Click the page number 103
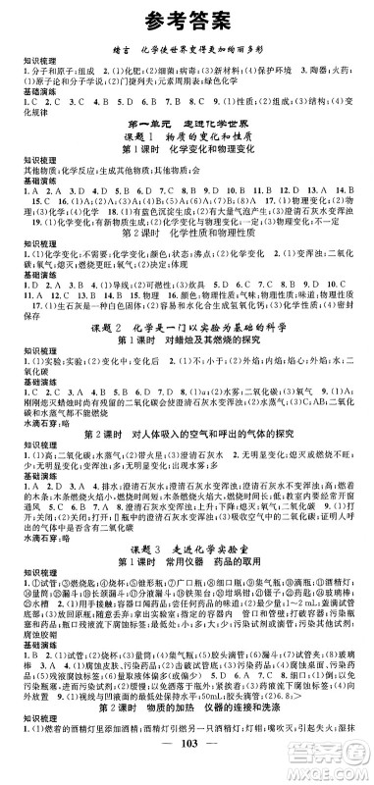[187, 770]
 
